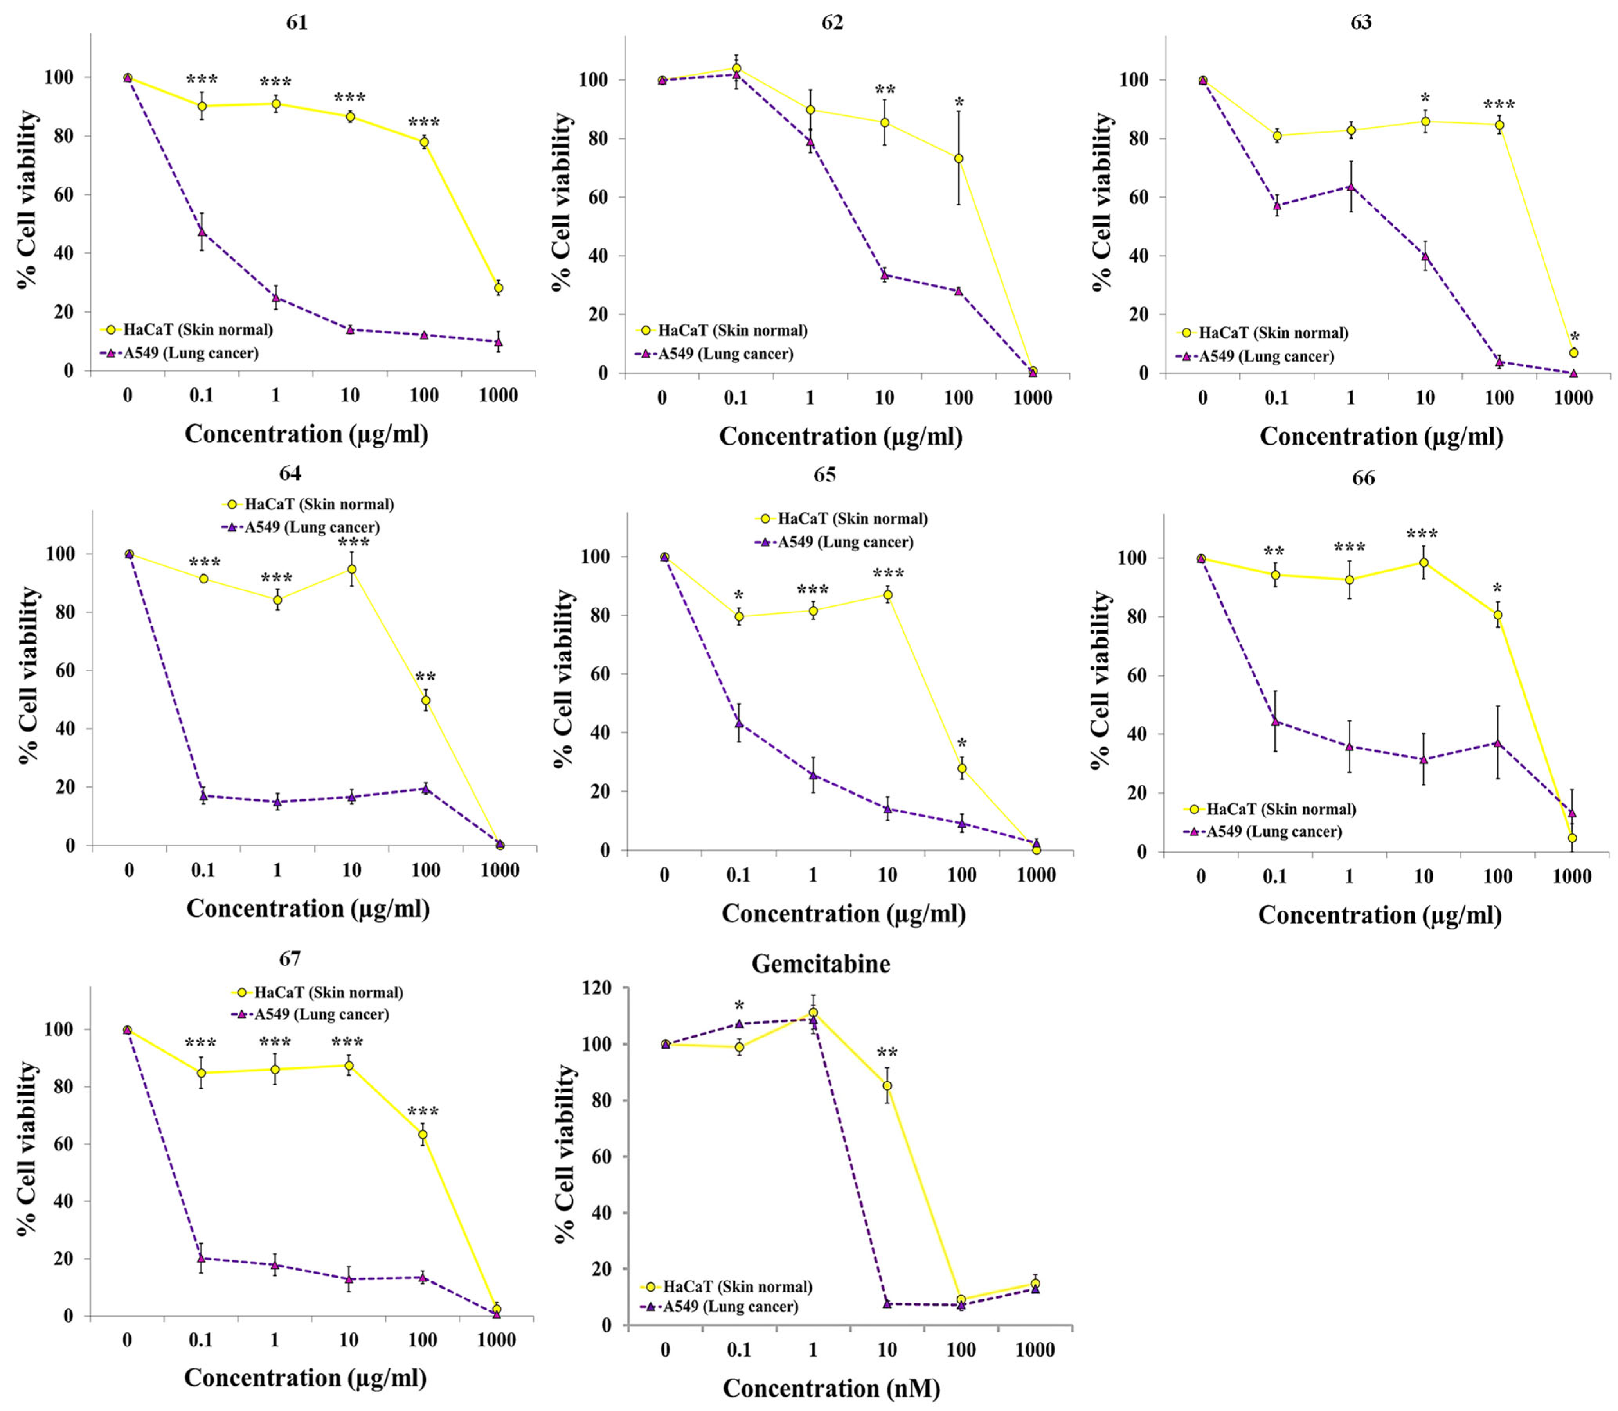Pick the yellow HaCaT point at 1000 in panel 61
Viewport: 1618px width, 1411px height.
(499, 288)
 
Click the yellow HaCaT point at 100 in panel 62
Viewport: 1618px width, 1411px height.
(958, 158)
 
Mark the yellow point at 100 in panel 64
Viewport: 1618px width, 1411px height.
(426, 700)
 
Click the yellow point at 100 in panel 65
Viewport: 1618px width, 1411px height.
(961, 768)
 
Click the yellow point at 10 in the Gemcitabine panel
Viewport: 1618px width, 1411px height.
(887, 1085)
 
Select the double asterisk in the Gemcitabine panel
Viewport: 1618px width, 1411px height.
(887, 1053)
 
